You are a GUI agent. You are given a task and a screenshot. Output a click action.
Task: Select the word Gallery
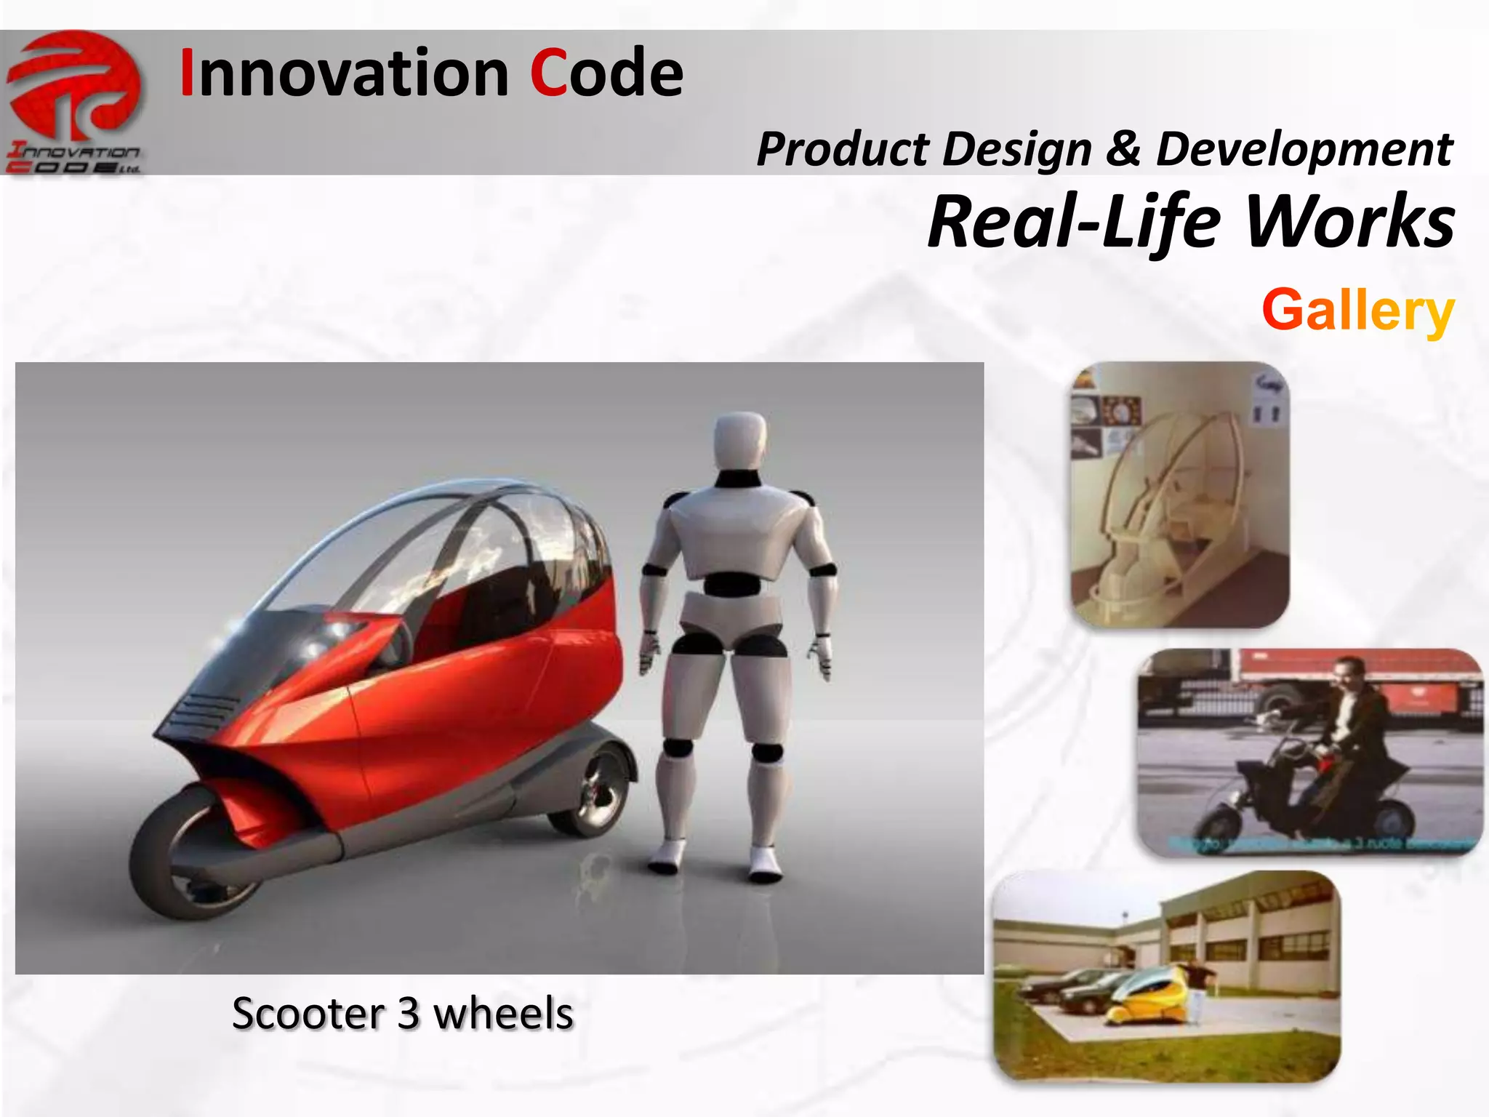click(x=1357, y=310)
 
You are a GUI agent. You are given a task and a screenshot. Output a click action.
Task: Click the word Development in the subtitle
click(x=1304, y=149)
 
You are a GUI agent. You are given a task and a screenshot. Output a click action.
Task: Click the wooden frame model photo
click(x=1179, y=495)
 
